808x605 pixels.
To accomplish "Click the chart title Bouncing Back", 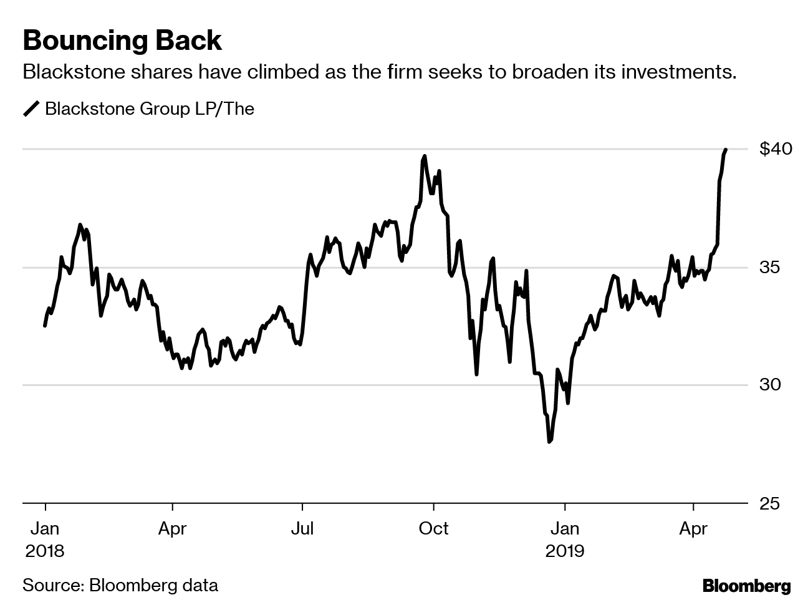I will click(122, 41).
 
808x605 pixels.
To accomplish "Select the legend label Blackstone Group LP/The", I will click(150, 109).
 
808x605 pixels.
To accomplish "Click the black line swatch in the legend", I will click(31, 109).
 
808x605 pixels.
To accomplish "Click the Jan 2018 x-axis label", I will click(45, 540).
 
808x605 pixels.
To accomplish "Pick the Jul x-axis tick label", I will click(302, 529).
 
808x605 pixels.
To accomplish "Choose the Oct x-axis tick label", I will click(433, 529).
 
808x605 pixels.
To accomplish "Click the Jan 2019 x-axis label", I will click(565, 540).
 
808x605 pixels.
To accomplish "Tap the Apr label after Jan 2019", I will click(693, 529).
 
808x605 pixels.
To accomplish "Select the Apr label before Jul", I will click(173, 529).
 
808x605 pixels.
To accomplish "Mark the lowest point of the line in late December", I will click(549, 442).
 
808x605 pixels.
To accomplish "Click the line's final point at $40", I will click(726, 150).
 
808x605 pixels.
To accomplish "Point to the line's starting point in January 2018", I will click(45, 326).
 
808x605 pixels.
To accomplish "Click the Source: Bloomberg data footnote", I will click(120, 586).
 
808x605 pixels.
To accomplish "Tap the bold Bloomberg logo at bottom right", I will click(746, 586).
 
